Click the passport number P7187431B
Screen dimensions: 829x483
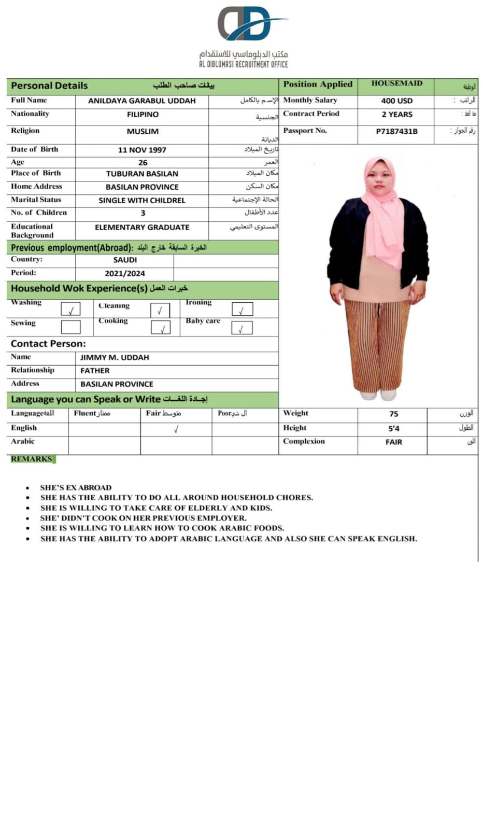(396, 132)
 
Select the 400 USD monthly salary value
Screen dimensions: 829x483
(396, 101)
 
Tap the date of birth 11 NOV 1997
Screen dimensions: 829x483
(142, 150)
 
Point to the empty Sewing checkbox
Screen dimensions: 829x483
(71, 327)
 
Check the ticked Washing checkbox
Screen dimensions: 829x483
(71, 310)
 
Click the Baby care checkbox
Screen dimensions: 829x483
(241, 328)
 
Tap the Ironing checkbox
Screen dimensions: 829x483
(242, 310)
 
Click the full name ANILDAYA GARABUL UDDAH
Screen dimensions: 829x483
(141, 101)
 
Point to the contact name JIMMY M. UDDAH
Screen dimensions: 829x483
(115, 358)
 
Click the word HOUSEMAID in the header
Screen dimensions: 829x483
(396, 83)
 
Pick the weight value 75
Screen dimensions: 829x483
(393, 414)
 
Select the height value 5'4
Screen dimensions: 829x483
(393, 429)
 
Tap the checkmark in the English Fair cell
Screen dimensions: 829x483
(176, 429)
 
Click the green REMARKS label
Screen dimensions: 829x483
(32, 459)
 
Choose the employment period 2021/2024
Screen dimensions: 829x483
(124, 274)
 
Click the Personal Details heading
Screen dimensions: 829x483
(49, 86)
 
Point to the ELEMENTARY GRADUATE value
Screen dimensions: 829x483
(142, 228)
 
